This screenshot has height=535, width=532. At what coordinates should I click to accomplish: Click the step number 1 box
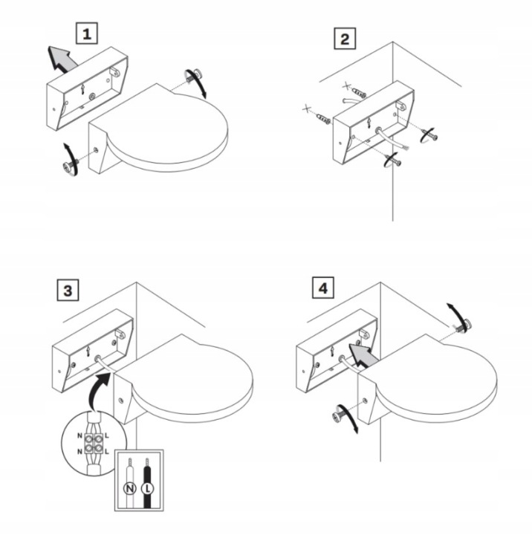pos(87,33)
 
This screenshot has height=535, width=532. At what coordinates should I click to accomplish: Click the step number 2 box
pos(345,39)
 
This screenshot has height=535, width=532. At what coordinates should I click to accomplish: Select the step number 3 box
pos(68,290)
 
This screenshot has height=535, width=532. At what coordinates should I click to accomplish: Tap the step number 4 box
pos(322,288)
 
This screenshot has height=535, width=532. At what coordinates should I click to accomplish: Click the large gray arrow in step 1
pos(62,59)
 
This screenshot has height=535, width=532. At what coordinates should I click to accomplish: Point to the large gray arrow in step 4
pos(363,355)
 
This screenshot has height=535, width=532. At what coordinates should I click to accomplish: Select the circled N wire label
pos(130,489)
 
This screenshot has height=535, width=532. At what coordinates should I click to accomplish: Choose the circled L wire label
pos(147,489)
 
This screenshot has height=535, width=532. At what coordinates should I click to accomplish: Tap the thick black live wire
pos(147,484)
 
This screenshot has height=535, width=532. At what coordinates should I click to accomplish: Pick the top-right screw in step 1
pos(192,75)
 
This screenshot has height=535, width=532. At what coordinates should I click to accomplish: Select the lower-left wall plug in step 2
pos(323,118)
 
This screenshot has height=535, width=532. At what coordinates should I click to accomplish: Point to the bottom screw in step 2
pos(394,160)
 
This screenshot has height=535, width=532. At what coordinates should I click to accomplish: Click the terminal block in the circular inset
pos(94,442)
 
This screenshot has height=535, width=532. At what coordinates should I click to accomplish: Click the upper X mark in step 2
pos(347,85)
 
